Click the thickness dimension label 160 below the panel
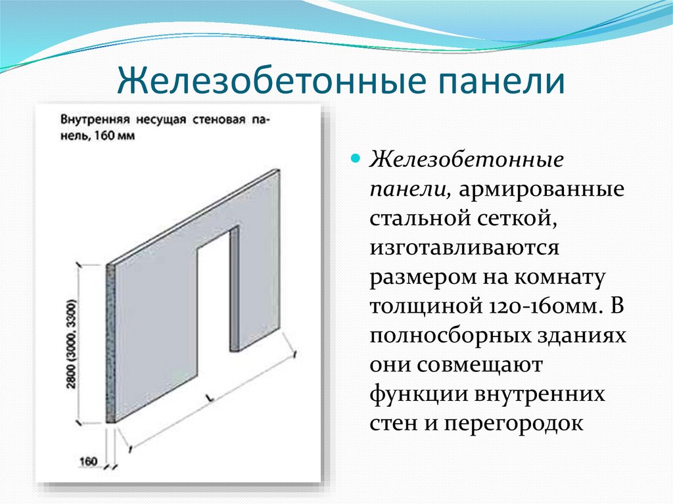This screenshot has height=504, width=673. pyautogui.click(x=89, y=461)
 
